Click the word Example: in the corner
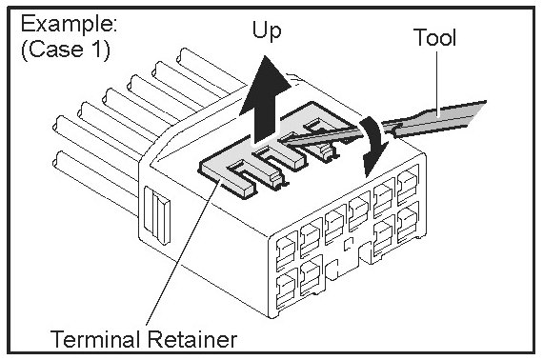[x=69, y=24]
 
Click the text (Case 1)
[x=66, y=50]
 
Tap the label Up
[x=267, y=31]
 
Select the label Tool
[x=434, y=37]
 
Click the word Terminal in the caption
[x=95, y=339]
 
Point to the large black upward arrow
[x=265, y=99]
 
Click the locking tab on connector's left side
[x=157, y=215]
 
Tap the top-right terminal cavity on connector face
[x=408, y=184]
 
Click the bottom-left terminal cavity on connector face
[x=287, y=288]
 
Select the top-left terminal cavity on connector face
[x=287, y=250]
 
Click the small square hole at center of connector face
[x=349, y=244]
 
